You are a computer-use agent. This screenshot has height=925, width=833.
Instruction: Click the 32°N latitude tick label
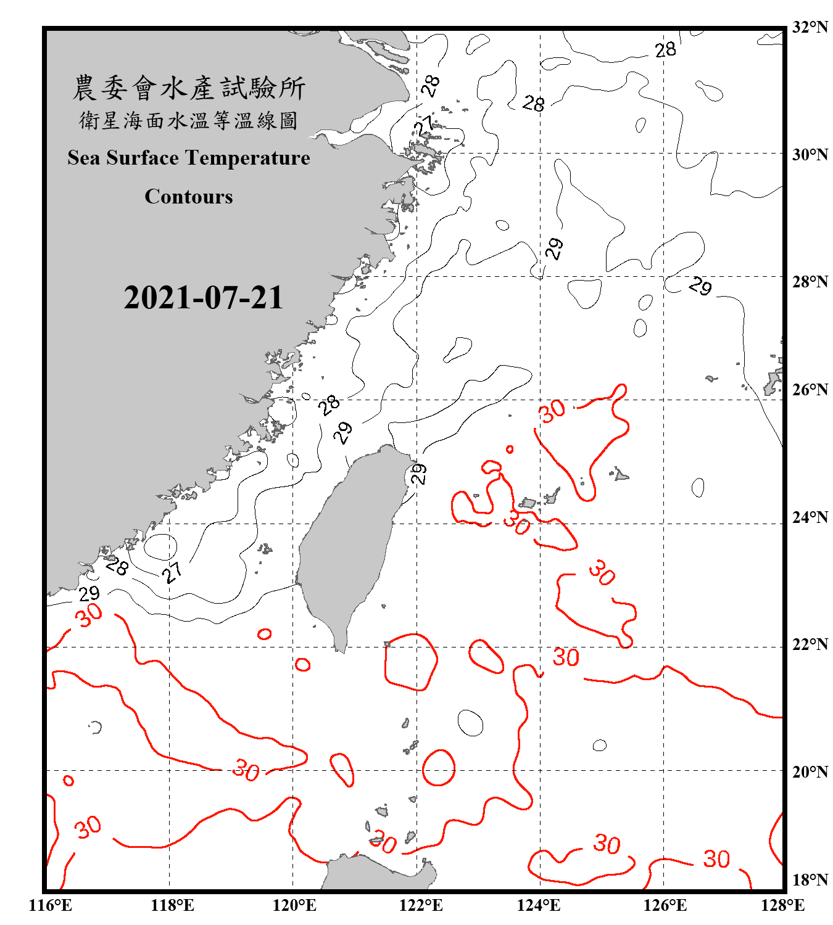(x=810, y=27)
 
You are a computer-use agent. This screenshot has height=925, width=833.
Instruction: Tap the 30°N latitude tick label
(x=810, y=154)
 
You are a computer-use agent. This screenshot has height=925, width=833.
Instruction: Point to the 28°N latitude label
(x=810, y=282)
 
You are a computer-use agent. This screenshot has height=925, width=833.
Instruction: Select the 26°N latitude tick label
(x=810, y=390)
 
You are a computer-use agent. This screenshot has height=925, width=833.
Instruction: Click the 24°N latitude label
(x=810, y=517)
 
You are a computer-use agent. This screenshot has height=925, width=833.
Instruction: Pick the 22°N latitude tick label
(x=810, y=644)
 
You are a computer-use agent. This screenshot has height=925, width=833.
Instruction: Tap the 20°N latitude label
(x=810, y=771)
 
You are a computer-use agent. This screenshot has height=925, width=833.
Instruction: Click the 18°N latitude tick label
(x=810, y=879)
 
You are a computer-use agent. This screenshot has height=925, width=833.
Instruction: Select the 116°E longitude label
(x=51, y=905)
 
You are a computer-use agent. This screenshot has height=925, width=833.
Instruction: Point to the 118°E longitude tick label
(x=172, y=905)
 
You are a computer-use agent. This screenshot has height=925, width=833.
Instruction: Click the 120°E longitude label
(x=294, y=905)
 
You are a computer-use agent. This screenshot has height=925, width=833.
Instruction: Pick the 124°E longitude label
(x=539, y=905)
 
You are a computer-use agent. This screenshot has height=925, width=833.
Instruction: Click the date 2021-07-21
(x=203, y=298)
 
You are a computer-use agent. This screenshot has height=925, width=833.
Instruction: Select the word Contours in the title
(x=189, y=197)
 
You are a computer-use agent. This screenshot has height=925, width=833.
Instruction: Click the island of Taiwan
(x=349, y=543)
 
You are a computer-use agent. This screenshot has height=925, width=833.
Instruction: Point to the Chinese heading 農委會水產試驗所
(x=189, y=88)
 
